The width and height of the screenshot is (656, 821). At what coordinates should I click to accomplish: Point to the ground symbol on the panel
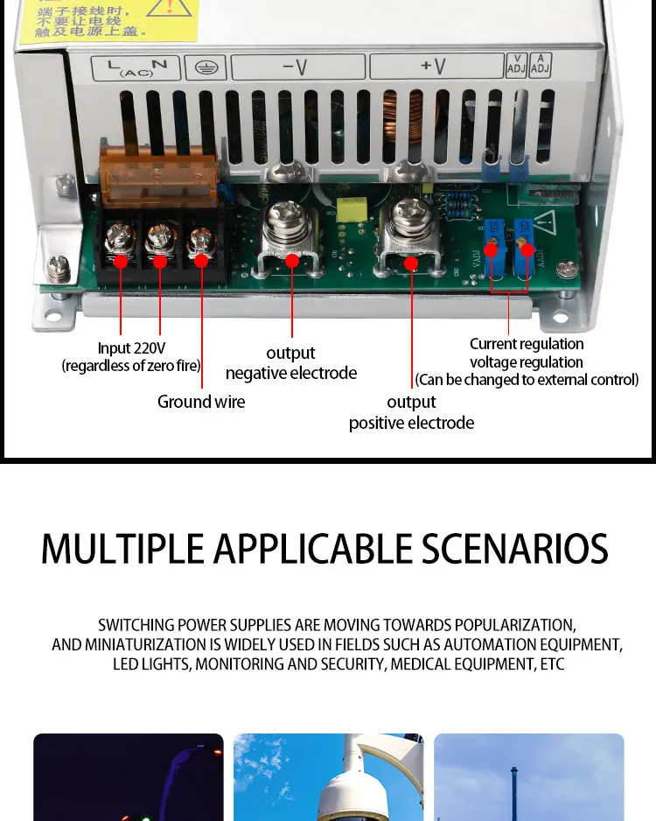click(206, 67)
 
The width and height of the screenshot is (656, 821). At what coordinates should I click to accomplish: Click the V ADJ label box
click(516, 66)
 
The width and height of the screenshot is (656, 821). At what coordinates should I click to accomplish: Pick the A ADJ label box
click(541, 66)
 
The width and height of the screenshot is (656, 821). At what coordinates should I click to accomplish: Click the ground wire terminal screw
click(200, 239)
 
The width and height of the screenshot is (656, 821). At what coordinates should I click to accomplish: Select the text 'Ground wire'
click(201, 402)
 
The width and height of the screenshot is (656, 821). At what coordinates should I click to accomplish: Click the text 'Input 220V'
click(131, 348)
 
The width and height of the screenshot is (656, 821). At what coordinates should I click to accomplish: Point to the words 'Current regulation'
click(527, 344)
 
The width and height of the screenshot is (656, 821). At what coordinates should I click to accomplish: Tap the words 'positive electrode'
click(411, 423)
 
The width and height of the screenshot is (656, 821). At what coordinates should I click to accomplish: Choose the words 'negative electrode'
click(291, 373)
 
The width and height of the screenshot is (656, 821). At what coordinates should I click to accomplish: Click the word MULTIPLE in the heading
click(122, 549)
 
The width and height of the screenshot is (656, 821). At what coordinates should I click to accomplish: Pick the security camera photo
click(328, 777)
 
